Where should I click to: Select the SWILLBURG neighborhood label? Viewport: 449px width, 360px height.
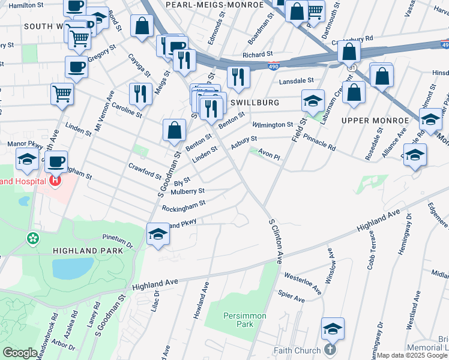255,103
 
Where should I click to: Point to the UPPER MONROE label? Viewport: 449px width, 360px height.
375,121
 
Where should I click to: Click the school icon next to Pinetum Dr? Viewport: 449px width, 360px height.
157,233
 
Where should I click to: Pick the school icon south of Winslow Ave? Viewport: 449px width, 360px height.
333,328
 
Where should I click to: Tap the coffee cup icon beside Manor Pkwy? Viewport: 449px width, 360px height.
56,161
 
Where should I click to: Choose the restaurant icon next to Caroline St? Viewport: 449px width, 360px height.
139,93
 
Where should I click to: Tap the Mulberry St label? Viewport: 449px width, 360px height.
187,192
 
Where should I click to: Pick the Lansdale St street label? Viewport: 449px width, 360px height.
295,80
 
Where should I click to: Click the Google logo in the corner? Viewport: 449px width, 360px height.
20,352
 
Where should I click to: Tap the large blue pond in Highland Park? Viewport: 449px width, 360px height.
73,268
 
